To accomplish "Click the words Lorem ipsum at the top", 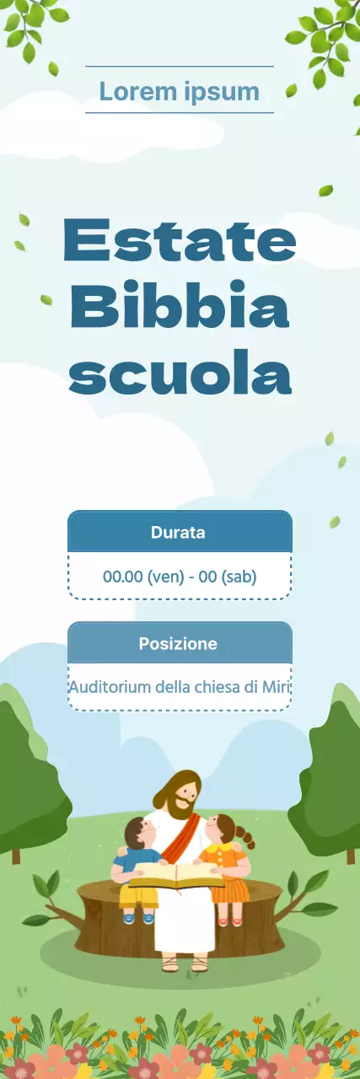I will pyautogui.click(x=179, y=91).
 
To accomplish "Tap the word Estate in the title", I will pyautogui.click(x=180, y=239).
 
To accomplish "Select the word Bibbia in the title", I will pyautogui.click(x=180, y=307).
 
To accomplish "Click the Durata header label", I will pyautogui.click(x=178, y=533).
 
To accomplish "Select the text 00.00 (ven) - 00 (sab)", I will pyautogui.click(x=180, y=577).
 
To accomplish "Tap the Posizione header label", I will pyautogui.click(x=178, y=644).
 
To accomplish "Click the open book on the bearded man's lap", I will pyautogui.click(x=176, y=876).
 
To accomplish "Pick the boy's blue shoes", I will pyautogui.click(x=138, y=918).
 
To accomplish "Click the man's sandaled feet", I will pyautogui.click(x=184, y=964).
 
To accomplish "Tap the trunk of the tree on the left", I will pyautogui.click(x=15, y=855).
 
